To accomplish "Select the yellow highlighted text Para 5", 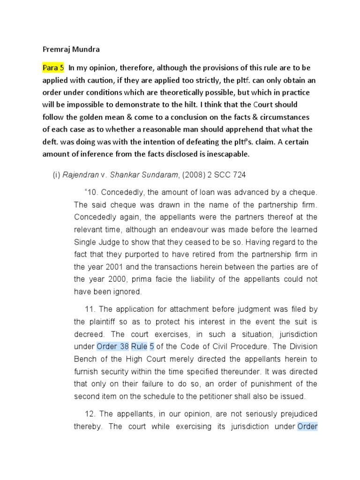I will pyautogui.click(x=53, y=67).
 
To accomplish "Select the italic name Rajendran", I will pyautogui.click(x=80, y=175).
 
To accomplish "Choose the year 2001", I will pyautogui.click(x=113, y=267).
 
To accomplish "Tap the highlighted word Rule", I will pyautogui.click(x=139, y=347).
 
